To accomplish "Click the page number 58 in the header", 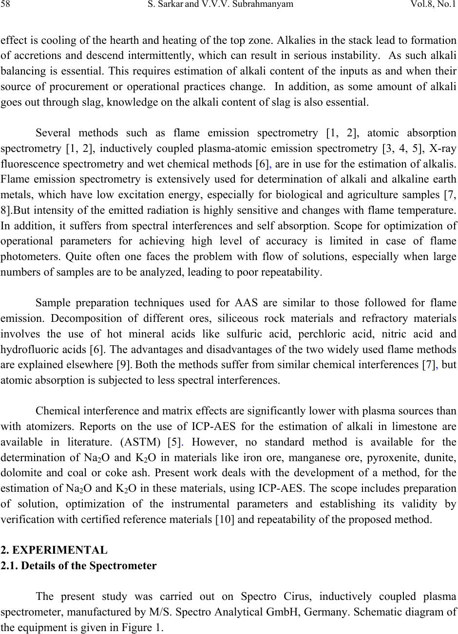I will point(5,5).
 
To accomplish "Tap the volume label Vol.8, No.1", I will point(434,5).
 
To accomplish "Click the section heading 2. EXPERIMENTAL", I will point(54,551).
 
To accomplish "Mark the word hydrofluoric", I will point(23,349).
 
